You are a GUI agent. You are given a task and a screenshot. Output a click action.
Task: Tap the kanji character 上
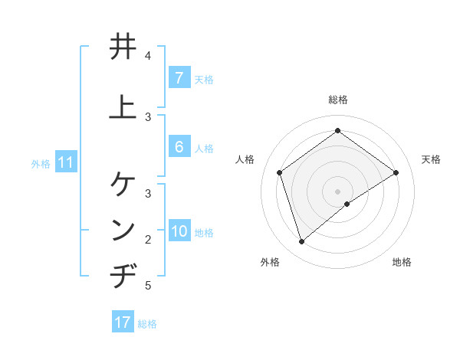(123, 106)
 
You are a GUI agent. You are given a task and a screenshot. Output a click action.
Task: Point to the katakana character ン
(123, 230)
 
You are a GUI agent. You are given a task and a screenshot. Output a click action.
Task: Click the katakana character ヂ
(123, 276)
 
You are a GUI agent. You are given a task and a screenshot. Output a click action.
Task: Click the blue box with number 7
(179, 78)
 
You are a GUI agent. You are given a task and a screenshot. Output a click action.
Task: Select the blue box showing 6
(179, 147)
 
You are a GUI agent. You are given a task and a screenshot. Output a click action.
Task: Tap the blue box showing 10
(179, 231)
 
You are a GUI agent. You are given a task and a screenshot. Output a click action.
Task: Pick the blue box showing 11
(65, 162)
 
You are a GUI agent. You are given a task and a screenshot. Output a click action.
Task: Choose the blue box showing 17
(123, 322)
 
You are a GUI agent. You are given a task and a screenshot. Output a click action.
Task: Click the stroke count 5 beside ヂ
(148, 286)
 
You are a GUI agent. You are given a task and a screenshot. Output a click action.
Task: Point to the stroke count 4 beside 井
(148, 56)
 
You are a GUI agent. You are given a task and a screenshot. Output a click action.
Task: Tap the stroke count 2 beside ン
(148, 240)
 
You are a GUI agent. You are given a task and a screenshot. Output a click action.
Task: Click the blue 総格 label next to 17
(147, 324)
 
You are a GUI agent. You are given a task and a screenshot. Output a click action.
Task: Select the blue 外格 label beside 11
(41, 163)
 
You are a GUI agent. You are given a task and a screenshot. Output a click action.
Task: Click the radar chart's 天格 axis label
(431, 159)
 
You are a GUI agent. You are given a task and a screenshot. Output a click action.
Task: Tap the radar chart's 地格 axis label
(402, 262)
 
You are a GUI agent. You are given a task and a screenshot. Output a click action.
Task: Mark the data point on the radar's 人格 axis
(280, 172)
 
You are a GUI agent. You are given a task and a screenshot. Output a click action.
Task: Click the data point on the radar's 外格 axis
(301, 242)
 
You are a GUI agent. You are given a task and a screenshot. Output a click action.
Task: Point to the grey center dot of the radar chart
(338, 191)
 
